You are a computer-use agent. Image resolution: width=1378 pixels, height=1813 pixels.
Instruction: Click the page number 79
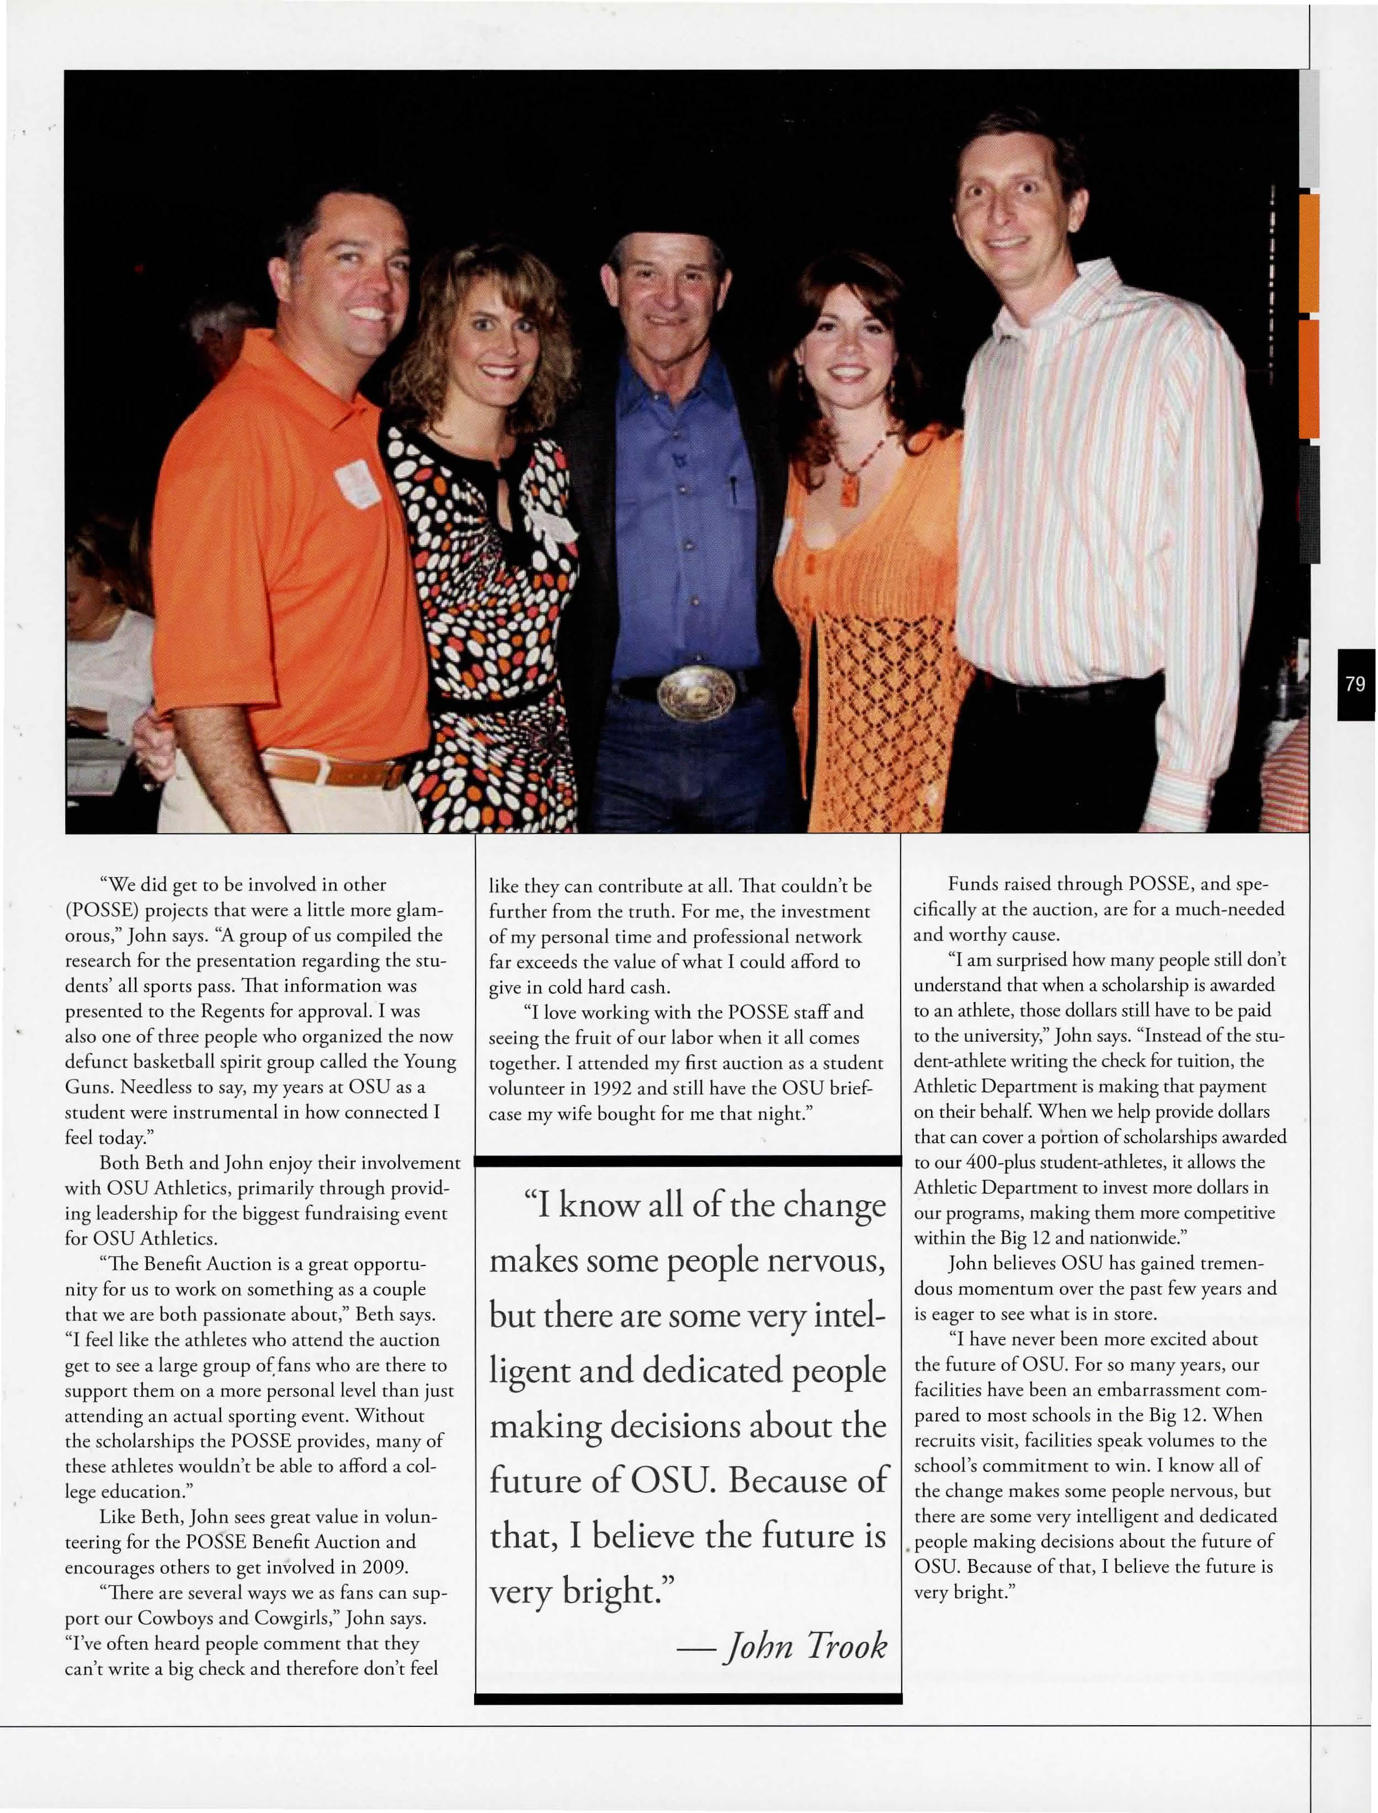click(1355, 684)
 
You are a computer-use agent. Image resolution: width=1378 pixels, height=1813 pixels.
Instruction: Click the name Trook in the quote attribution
click(847, 1645)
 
